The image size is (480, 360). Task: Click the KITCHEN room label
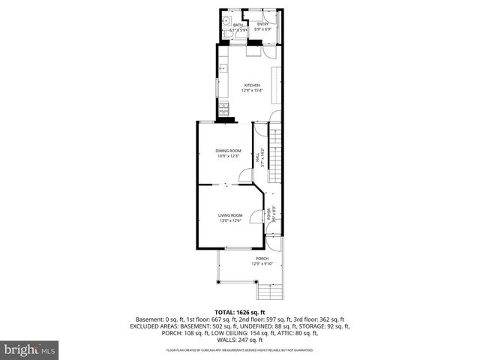click(x=251, y=85)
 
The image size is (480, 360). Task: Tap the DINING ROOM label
click(x=229, y=151)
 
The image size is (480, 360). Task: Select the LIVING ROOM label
click(x=230, y=214)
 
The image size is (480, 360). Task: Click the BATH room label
click(x=238, y=25)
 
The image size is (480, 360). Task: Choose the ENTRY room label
click(x=262, y=24)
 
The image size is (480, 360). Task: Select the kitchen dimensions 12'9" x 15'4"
click(x=251, y=91)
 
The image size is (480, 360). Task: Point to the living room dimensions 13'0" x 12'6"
click(x=230, y=220)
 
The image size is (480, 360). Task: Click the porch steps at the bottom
click(x=266, y=292)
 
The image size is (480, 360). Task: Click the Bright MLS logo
click(x=30, y=349)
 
